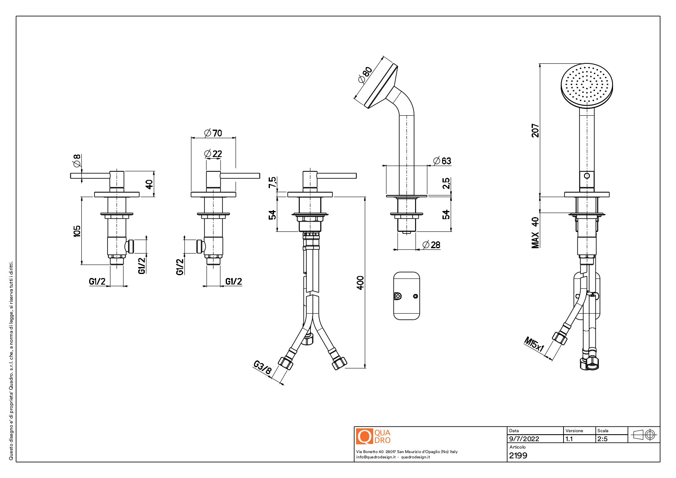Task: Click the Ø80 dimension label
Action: click(365, 74)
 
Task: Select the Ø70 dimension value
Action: click(213, 133)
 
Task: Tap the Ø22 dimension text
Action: click(213, 154)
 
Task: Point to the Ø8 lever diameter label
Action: click(76, 161)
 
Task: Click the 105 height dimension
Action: click(77, 231)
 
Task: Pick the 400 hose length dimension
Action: click(360, 283)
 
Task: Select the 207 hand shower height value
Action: click(535, 130)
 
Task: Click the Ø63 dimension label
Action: click(442, 161)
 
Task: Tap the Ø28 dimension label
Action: click(431, 245)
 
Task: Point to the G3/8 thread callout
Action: click(262, 367)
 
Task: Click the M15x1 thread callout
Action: click(534, 344)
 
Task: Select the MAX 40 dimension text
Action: click(535, 232)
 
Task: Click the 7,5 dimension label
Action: click(272, 182)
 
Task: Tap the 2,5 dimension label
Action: click(446, 183)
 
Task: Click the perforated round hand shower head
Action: click(586, 85)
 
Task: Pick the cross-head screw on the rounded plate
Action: click(398, 296)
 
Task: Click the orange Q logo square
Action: click(364, 436)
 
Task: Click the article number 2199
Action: click(518, 456)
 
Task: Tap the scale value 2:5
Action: click(602, 439)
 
